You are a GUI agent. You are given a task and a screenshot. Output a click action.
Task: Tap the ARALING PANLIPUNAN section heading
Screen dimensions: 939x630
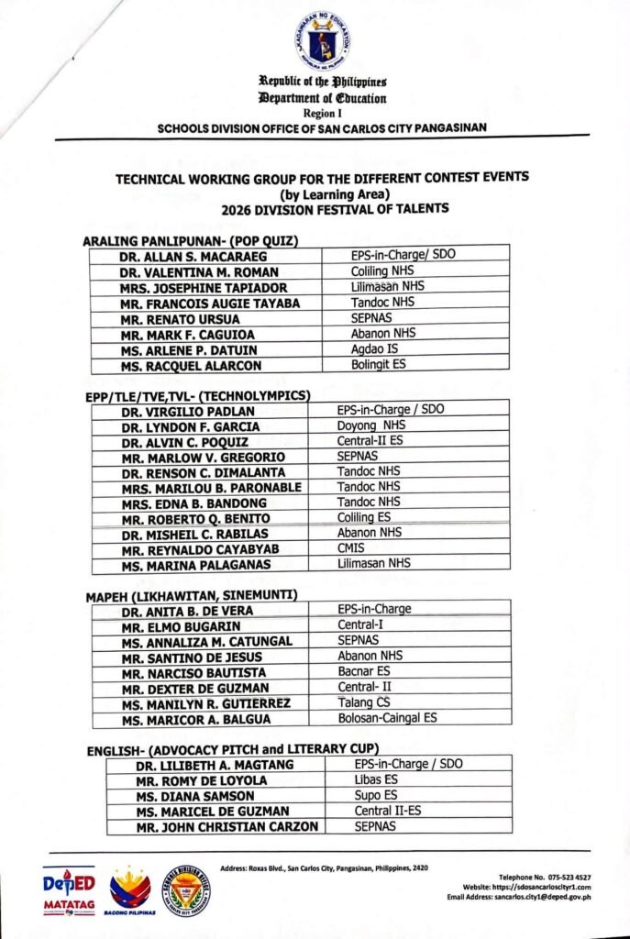tap(194, 241)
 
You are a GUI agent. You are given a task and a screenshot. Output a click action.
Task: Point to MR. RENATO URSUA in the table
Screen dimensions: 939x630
tap(168, 319)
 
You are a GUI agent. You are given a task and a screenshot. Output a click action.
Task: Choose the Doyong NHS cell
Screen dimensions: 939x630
tap(368, 425)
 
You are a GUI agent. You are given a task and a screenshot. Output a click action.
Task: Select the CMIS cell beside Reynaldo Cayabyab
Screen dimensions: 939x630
tap(351, 548)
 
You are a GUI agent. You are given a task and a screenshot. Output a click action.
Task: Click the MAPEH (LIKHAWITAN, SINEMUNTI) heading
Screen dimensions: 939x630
tap(192, 596)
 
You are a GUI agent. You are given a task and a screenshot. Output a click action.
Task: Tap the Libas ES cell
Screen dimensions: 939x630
tap(375, 780)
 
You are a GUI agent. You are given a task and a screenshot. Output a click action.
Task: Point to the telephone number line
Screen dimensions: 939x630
tap(544, 878)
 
